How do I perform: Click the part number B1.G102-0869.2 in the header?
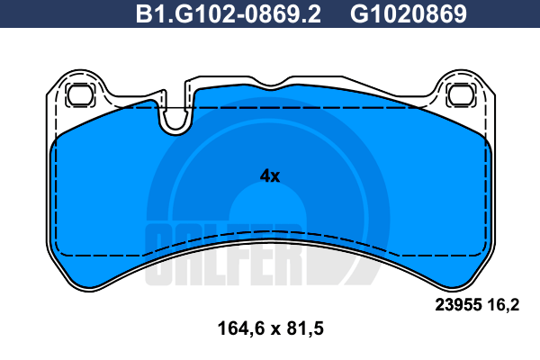coord(229,14)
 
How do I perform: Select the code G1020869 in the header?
coord(409,14)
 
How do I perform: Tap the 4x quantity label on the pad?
coord(270,176)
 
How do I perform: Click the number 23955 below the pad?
coord(458,305)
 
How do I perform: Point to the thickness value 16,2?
coord(503,305)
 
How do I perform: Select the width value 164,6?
coord(241,328)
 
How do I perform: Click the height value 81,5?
coord(305,328)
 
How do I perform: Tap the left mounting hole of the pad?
coord(81,94)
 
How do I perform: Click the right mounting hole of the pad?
coord(462,94)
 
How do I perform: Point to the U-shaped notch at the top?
coord(175,121)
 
